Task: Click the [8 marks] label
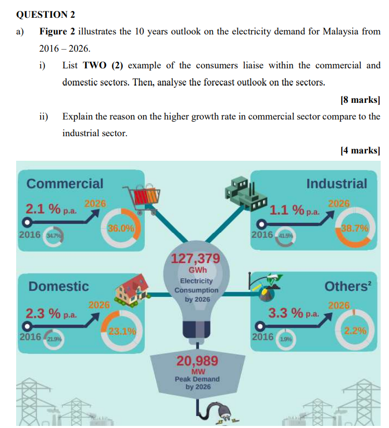tap(359, 99)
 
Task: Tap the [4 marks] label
tap(359, 150)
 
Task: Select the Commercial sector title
tap(65, 184)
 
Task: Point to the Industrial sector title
tap(336, 184)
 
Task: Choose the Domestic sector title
tap(59, 286)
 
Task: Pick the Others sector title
tap(346, 286)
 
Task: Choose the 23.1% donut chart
tap(122, 330)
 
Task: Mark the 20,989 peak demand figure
tap(197, 361)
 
